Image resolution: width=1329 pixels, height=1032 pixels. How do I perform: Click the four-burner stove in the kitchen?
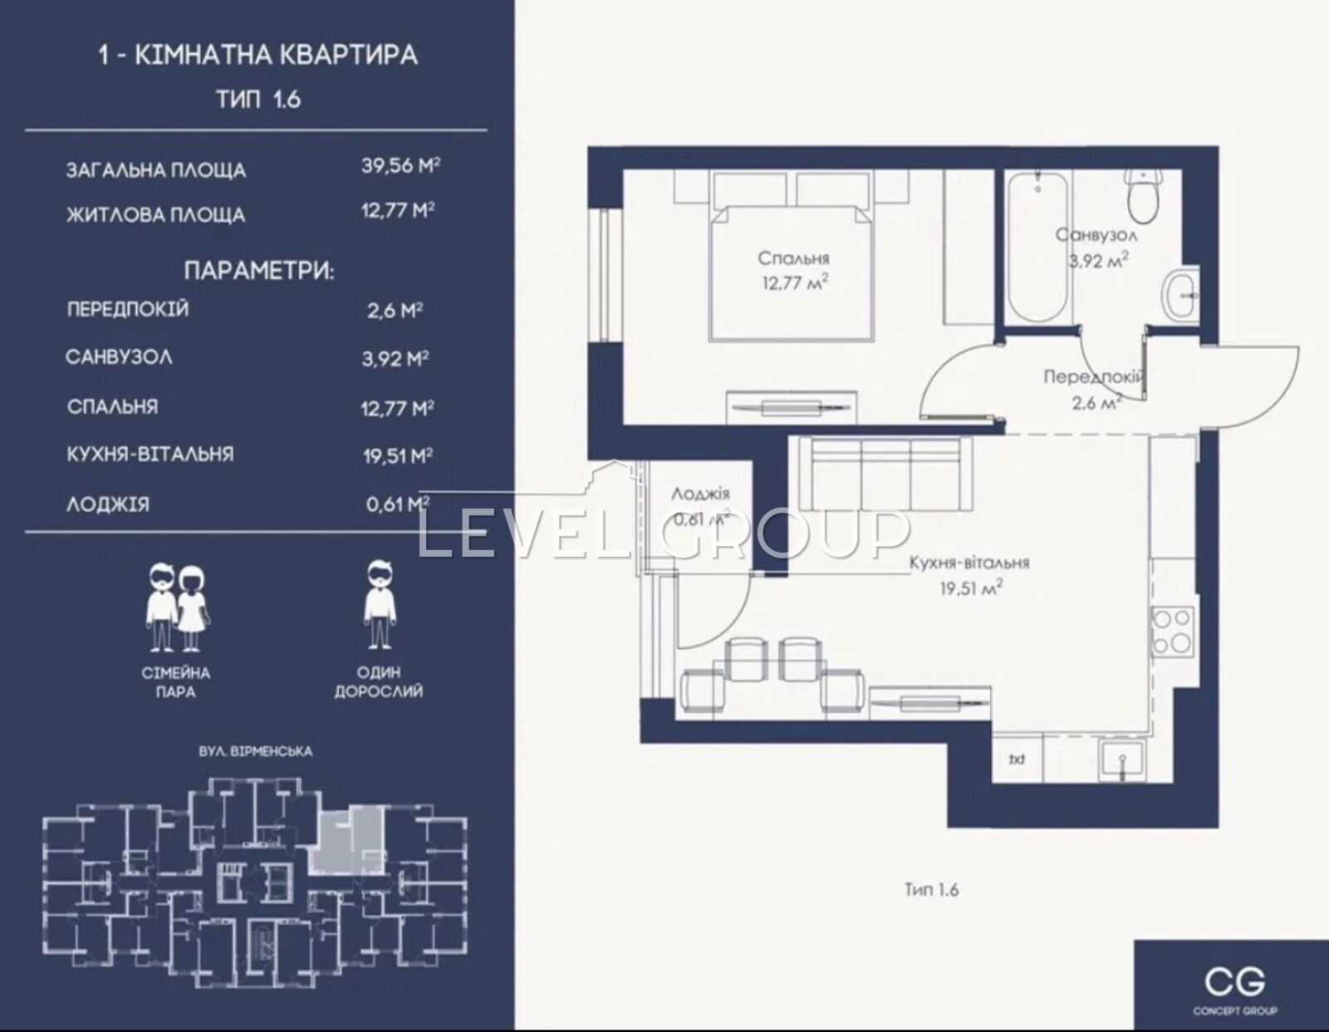(1172, 631)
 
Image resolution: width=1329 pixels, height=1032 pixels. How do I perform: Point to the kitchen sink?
(1122, 759)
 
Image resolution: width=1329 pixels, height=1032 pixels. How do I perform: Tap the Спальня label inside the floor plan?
(793, 258)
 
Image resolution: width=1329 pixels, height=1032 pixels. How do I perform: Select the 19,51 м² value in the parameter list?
(398, 455)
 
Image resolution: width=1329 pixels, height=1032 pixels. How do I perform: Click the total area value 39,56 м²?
(400, 166)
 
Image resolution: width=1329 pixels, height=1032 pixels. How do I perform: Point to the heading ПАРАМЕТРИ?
(259, 271)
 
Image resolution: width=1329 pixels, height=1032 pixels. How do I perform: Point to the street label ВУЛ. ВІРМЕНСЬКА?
(256, 751)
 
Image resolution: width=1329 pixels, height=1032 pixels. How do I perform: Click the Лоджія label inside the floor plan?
(700, 493)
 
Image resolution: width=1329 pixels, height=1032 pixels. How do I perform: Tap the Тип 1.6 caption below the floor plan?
(931, 889)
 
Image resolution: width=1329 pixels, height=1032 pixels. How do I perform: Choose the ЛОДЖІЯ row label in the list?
(108, 504)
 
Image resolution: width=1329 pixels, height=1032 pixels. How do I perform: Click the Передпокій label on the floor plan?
(1094, 377)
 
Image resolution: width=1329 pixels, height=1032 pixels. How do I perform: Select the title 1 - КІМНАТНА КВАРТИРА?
(258, 55)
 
